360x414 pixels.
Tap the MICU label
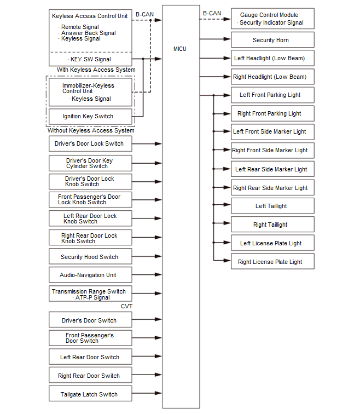[179, 49]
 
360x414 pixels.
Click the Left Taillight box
[272, 206]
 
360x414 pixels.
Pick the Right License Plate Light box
[272, 262]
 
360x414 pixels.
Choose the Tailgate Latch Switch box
[90, 394]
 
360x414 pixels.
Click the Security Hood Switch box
[90, 257]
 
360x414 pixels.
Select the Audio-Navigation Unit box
[90, 275]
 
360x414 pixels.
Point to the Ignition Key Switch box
[90, 116]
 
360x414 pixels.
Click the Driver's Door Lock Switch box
[90, 143]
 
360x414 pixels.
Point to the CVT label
[127, 306]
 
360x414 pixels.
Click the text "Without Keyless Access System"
[91, 130]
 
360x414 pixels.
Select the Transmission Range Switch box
[90, 294]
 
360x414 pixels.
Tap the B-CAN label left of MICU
[144, 14]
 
